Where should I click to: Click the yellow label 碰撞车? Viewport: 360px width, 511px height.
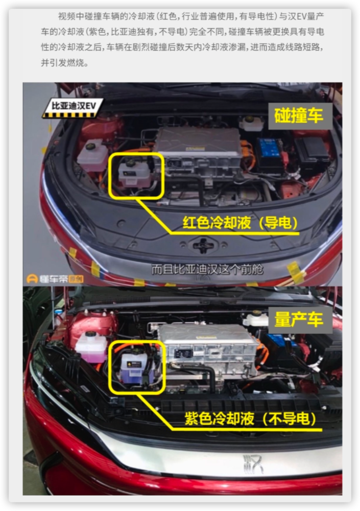pos(299,115)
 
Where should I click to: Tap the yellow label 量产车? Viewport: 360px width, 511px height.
pos(299,319)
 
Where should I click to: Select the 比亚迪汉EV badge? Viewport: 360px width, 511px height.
pos(73,108)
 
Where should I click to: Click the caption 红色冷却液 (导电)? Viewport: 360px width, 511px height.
pos(240,223)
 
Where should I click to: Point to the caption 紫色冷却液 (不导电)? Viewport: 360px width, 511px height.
pos(250,419)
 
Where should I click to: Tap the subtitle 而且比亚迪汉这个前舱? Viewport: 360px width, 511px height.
pos(207,269)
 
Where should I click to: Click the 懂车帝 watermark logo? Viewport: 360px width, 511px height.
pos(55,278)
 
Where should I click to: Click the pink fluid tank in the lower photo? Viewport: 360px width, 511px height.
pos(91,347)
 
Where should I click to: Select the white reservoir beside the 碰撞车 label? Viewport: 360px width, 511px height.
pos(251,124)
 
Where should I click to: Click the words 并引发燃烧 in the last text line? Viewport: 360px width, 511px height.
pos(62,62)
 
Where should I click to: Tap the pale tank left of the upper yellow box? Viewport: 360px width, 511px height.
pos(92,155)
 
